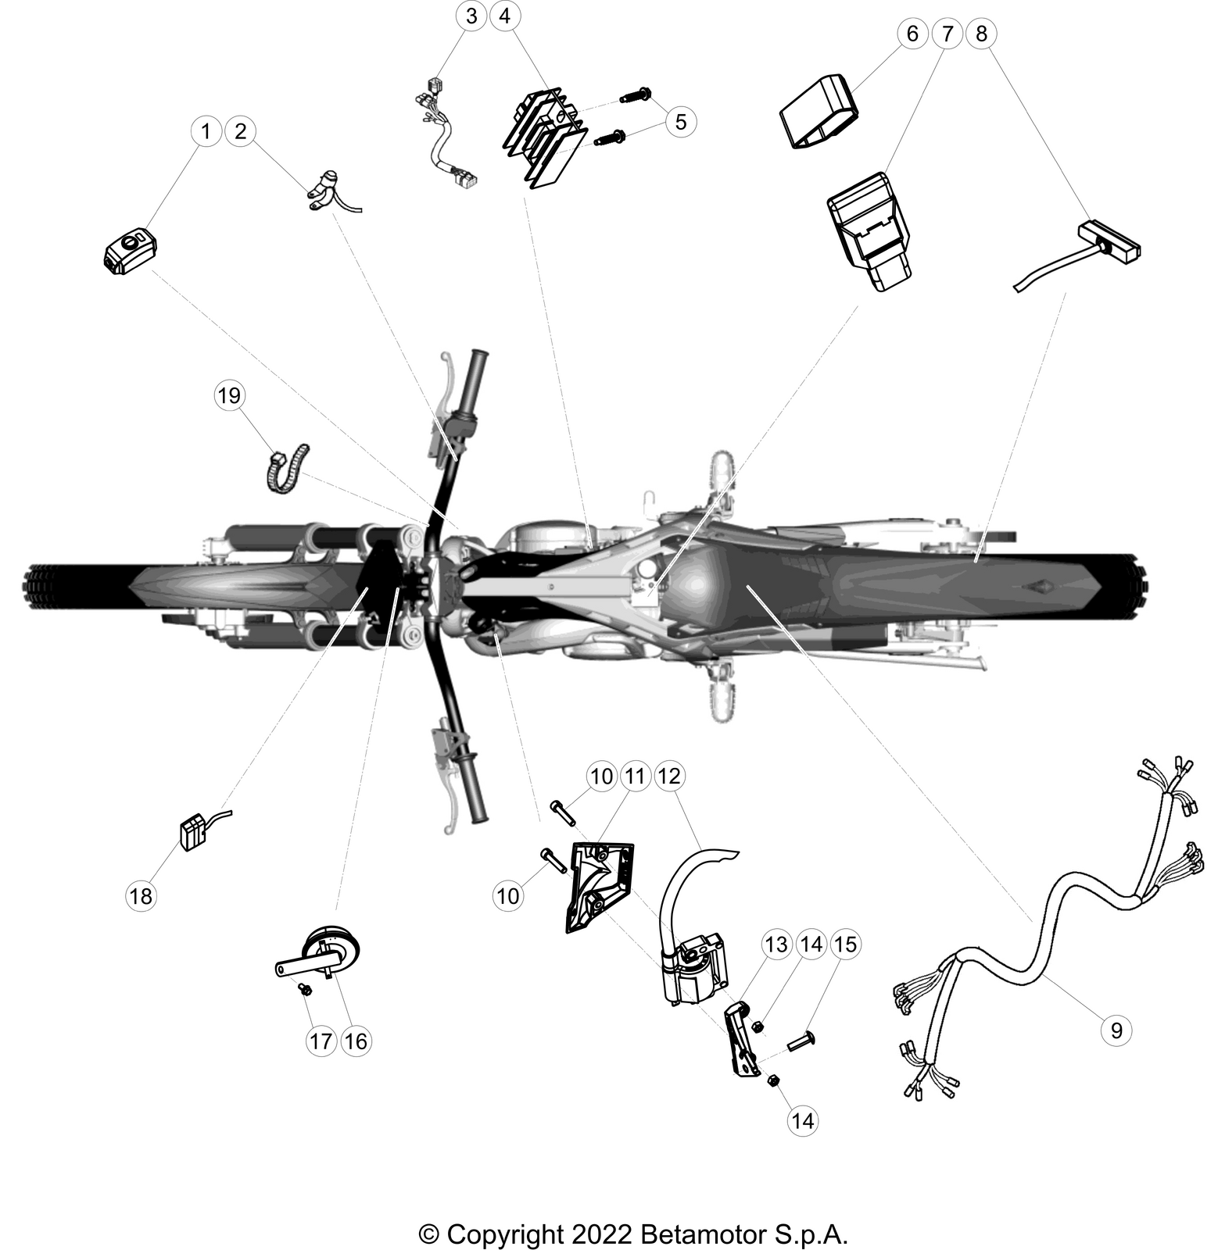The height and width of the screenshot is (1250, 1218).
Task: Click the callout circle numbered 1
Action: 206,131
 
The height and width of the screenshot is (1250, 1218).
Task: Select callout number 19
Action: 229,395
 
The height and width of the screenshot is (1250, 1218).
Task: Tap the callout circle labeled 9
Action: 1116,1030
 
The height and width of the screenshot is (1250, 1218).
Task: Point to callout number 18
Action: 141,895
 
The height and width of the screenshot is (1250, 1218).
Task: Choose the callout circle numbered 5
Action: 681,122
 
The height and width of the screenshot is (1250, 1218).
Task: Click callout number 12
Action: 669,776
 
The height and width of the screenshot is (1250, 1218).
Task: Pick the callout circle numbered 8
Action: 982,34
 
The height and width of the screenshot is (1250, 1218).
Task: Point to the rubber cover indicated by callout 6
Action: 820,110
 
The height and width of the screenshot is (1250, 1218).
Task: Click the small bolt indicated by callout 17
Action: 306,990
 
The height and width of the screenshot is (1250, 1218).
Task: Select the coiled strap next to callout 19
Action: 286,469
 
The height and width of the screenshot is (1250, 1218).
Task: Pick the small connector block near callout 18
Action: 193,832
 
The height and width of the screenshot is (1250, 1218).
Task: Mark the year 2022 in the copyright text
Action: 601,1212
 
